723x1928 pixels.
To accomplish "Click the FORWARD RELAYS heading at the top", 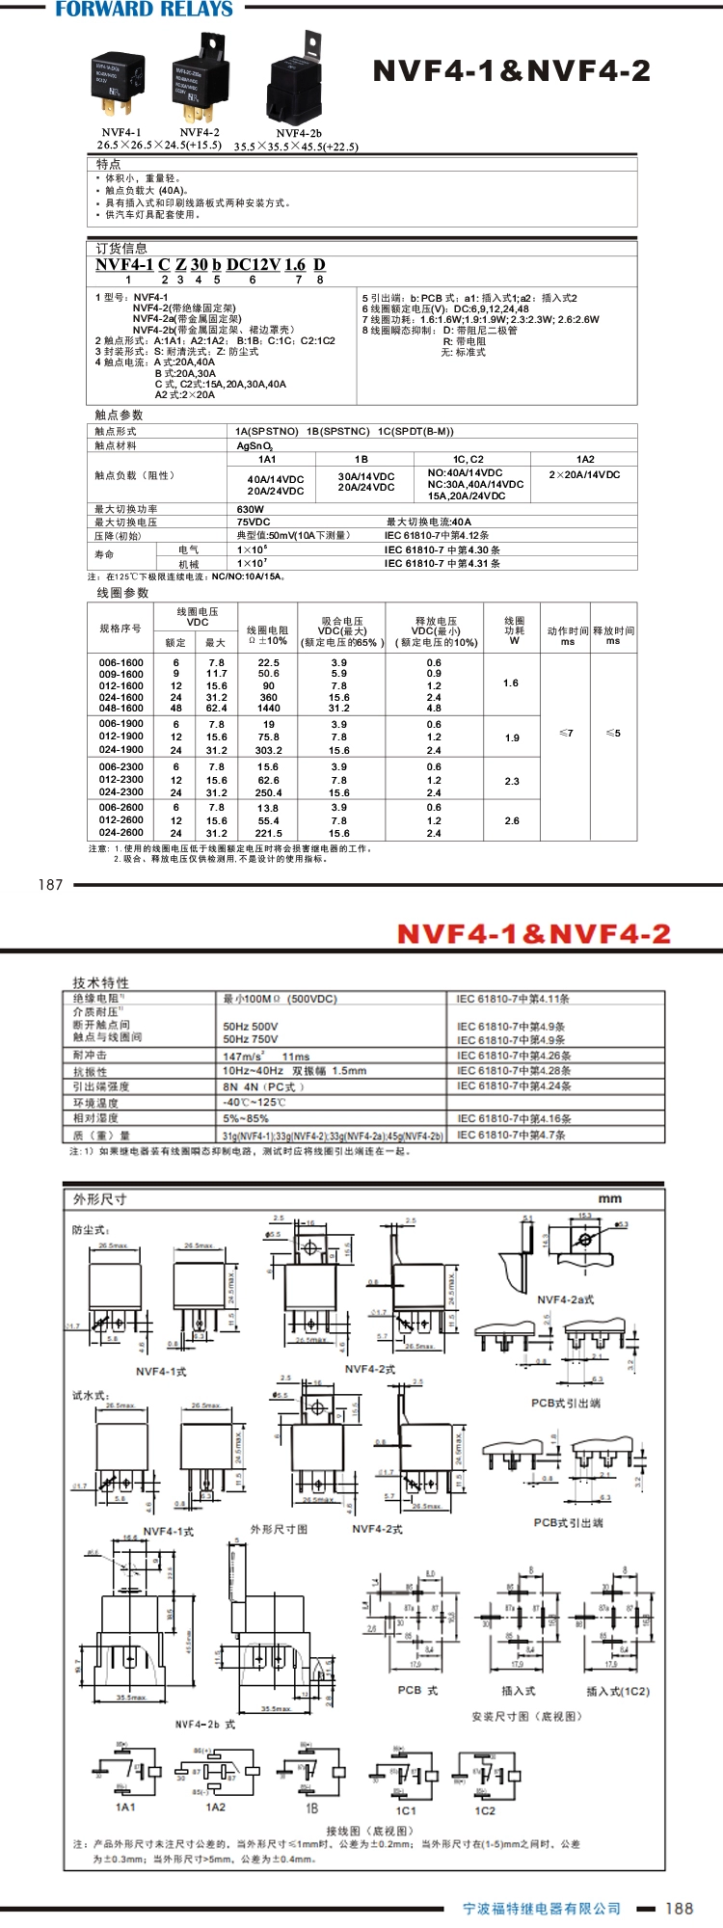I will (x=145, y=10).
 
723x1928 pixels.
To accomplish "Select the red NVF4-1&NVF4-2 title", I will (x=533, y=934).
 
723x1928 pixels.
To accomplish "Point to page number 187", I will (x=50, y=884).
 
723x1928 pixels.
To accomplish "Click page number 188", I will (x=679, y=1908).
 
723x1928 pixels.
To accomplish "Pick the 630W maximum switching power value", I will (x=251, y=509).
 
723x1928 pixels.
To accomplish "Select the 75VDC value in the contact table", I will (x=254, y=522).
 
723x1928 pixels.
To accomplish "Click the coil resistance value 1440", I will (x=269, y=708).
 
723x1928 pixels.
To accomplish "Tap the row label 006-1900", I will (x=121, y=724).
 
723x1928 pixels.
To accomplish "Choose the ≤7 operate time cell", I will (x=567, y=734).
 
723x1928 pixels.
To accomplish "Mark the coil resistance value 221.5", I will (x=269, y=833).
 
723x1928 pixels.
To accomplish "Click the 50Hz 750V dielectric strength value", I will (x=251, y=1039).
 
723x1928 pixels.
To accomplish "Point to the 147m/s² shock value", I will (x=244, y=1057).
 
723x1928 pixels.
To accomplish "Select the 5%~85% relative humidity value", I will (x=245, y=1118).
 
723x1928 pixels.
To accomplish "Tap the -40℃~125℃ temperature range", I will (x=254, y=1102).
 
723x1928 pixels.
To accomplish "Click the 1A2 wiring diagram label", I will (x=216, y=1807).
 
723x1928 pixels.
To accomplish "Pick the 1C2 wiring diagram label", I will (x=485, y=1810).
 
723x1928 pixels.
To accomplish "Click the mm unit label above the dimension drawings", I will (x=610, y=1198).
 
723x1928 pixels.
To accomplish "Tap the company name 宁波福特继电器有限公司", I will (x=542, y=1909).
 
